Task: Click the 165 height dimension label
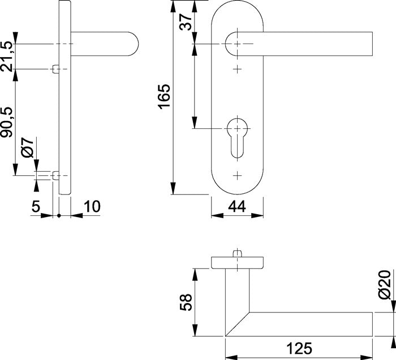[164, 97]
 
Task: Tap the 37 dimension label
[186, 22]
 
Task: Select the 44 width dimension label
[237, 207]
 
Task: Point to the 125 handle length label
[299, 348]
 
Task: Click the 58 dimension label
[186, 302]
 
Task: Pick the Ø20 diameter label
[385, 285]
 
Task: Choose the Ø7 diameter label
[27, 148]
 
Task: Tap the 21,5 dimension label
[7, 57]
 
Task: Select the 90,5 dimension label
[7, 122]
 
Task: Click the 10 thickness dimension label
[92, 207]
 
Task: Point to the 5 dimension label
[36, 207]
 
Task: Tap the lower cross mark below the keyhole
[238, 176]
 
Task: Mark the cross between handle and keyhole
[238, 69]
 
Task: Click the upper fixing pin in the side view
[56, 69]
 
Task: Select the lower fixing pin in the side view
[56, 176]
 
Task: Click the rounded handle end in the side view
[134, 44]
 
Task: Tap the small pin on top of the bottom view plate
[238, 254]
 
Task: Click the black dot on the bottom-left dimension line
[59, 216]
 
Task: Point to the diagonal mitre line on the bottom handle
[238, 324]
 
